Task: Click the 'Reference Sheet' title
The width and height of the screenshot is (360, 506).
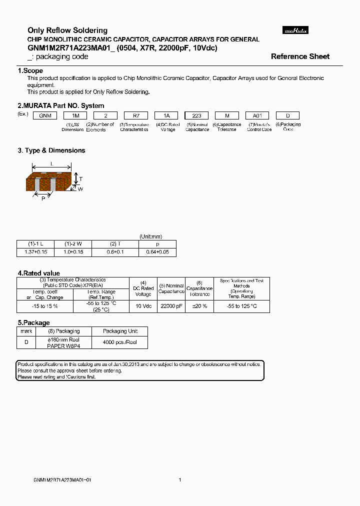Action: [x=300, y=56]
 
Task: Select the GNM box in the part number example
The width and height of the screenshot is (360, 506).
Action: [x=43, y=115]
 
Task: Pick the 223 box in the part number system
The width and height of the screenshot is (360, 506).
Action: [x=196, y=115]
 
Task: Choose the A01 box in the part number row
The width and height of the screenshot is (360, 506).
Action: [x=257, y=115]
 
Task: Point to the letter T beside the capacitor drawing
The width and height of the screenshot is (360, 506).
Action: [x=81, y=178]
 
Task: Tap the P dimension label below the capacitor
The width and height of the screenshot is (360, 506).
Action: [x=43, y=198]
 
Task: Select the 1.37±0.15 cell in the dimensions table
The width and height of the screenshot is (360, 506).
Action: [x=35, y=252]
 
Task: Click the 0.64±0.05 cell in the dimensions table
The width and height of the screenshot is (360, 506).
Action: [x=158, y=252]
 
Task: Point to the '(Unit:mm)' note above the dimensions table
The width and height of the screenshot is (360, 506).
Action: [x=150, y=236]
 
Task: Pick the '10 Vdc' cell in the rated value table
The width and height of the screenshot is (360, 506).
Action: [x=143, y=306]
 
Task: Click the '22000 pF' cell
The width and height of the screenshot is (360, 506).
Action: [x=171, y=306]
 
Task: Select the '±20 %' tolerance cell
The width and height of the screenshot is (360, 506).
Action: [x=199, y=306]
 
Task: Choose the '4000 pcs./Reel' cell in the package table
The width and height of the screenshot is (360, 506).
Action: [x=120, y=342]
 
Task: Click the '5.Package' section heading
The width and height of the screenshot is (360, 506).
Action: [x=33, y=323]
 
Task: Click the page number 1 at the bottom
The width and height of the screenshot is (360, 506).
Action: [x=179, y=480]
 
